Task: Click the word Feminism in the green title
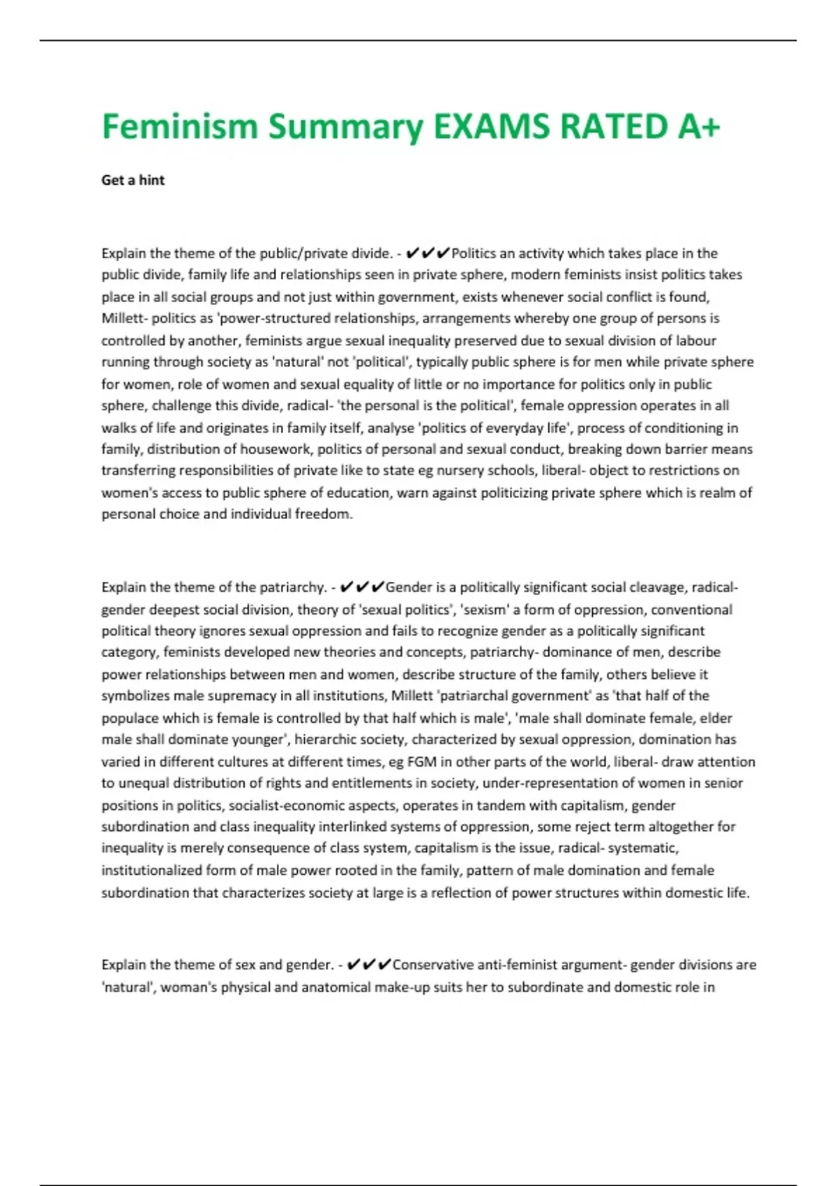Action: pyautogui.click(x=180, y=127)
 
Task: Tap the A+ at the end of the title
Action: pyautogui.click(x=697, y=127)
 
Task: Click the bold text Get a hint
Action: pyautogui.click(x=133, y=180)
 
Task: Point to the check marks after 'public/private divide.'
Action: pyautogui.click(x=427, y=253)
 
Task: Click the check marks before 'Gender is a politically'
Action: pyautogui.click(x=361, y=587)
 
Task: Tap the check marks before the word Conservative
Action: pyautogui.click(x=368, y=965)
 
